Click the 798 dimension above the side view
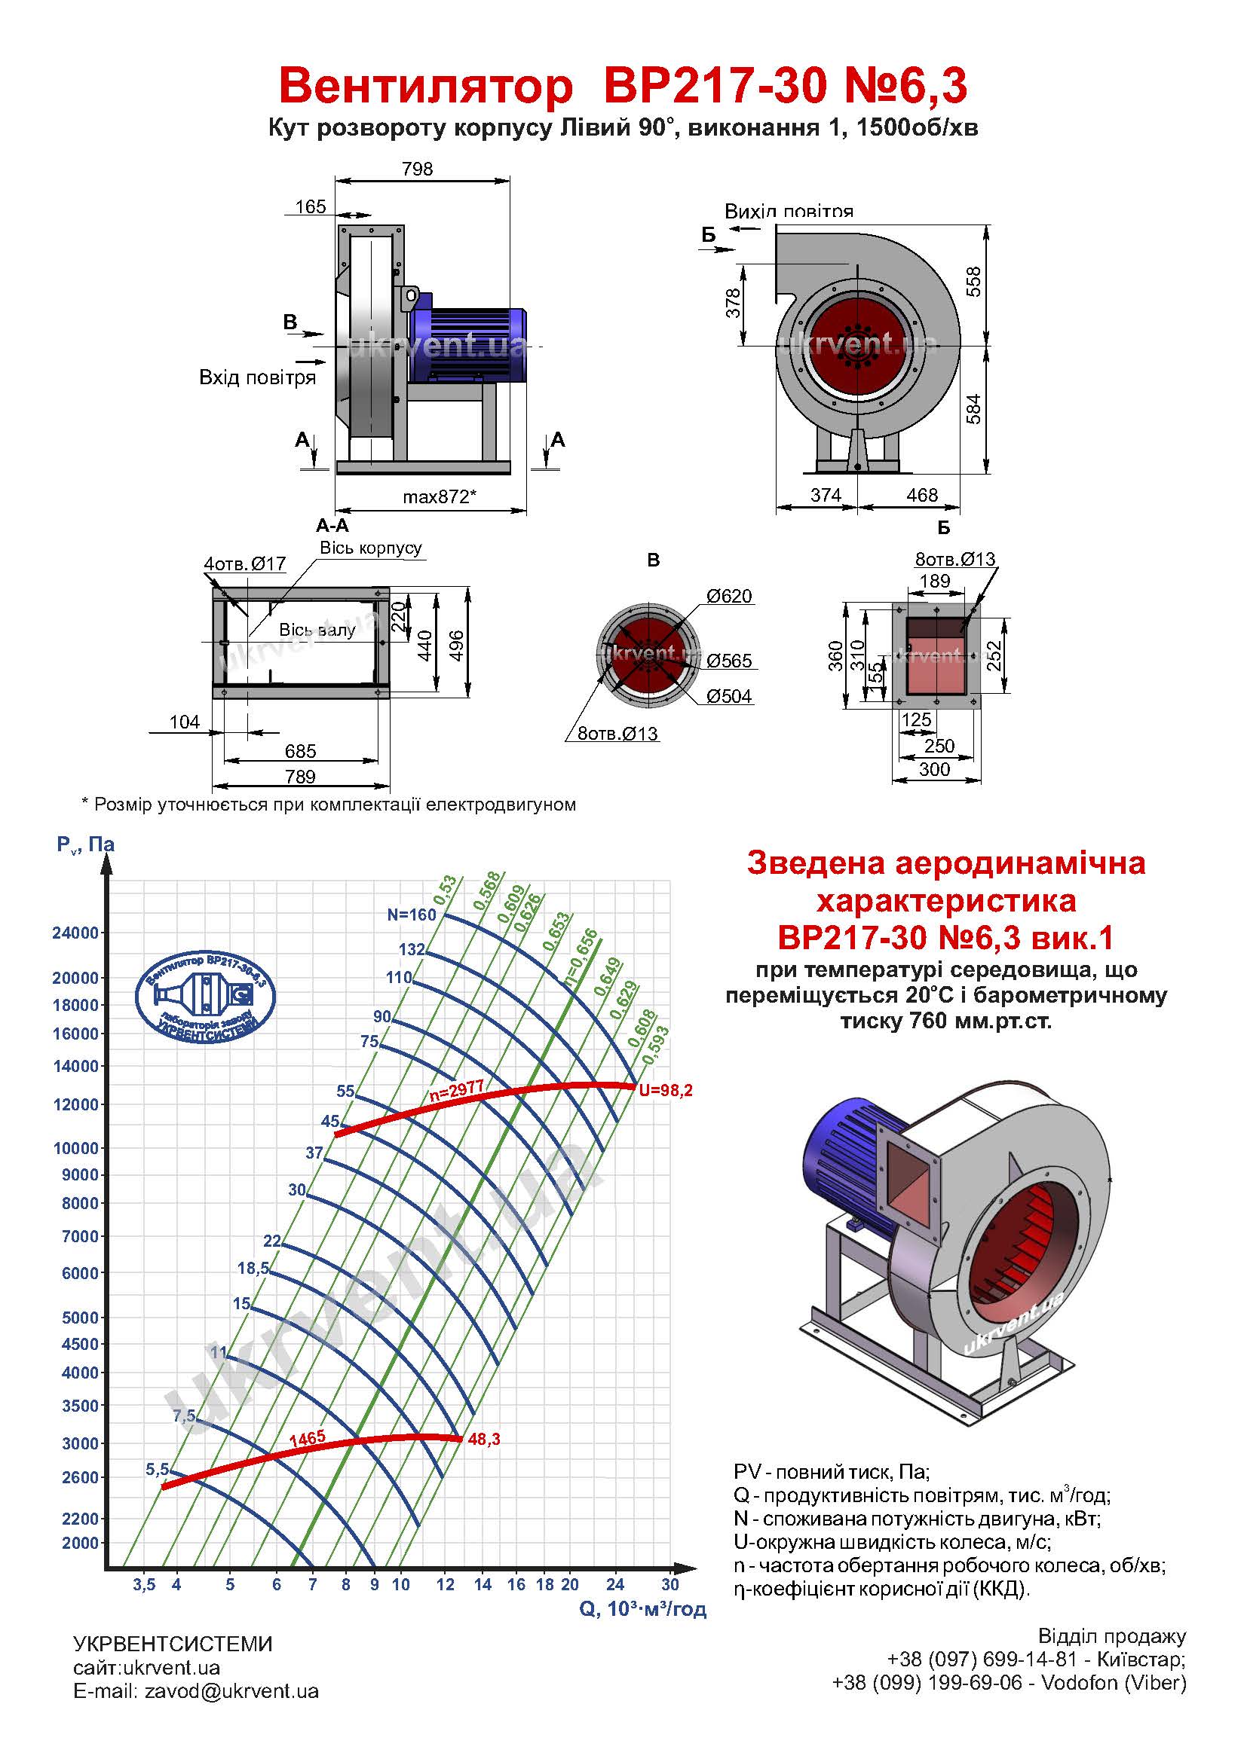[417, 169]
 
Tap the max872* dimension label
[440, 496]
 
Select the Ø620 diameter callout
[729, 597]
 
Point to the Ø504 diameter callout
[729, 697]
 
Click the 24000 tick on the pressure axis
[75, 933]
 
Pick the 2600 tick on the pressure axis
[80, 1477]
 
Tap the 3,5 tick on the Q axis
[143, 1585]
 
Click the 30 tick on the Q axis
[669, 1585]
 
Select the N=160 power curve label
[412, 914]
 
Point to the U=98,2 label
[666, 1091]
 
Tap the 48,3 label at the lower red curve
[484, 1440]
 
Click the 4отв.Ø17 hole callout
[245, 564]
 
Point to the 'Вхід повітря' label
[257, 377]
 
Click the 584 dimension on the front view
[973, 409]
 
